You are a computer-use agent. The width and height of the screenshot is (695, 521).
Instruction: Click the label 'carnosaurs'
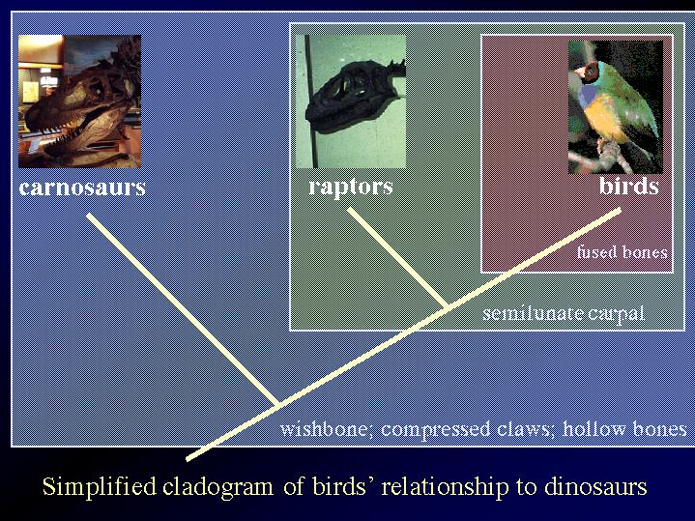(82, 188)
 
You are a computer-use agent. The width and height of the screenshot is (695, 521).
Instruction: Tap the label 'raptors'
(351, 188)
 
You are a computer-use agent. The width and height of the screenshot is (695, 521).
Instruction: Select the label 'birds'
(628, 186)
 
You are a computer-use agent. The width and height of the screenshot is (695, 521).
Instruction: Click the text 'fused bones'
(622, 252)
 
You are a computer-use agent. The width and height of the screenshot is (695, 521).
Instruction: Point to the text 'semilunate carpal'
(564, 313)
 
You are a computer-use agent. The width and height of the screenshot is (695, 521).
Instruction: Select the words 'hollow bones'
(624, 429)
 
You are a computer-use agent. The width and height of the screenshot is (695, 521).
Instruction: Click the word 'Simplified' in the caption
(100, 486)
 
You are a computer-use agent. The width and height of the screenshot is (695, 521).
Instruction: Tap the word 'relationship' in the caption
(445, 487)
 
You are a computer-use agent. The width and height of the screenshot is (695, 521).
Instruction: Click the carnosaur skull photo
(80, 101)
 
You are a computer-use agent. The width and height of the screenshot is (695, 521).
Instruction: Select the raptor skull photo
(351, 101)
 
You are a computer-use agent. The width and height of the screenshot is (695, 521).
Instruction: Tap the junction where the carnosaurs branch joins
(278, 404)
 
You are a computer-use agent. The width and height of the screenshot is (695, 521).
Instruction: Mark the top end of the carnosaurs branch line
(88, 215)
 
